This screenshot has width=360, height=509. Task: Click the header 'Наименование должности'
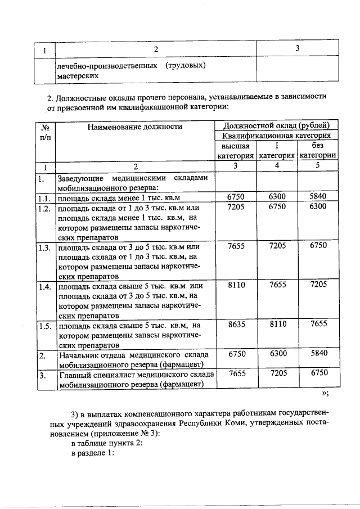coord(135,127)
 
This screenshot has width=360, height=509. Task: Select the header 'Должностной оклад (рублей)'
coord(277,126)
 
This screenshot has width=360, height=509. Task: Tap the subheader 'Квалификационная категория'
coord(277,136)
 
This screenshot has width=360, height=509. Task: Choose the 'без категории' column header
coord(318,151)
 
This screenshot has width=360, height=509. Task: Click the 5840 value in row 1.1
coord(318,197)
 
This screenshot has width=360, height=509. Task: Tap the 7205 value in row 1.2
coord(236,207)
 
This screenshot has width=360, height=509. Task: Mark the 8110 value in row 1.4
coord(236,285)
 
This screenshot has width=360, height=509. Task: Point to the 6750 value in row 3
coord(318,373)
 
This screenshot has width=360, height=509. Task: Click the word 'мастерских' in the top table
coord(76,75)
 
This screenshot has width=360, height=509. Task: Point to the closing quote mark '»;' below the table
coord(325,394)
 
